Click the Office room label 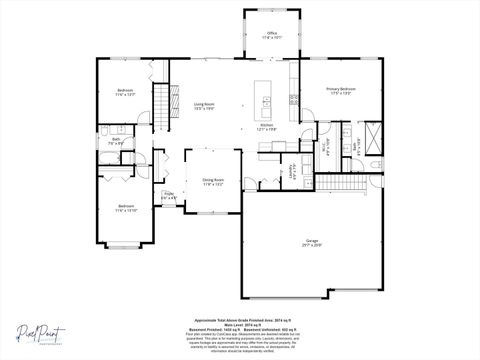pos(272,35)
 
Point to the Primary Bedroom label pos(341,91)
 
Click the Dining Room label pos(213,182)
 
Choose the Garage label pos(312,243)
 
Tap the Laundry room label pos(292,172)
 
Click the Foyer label pos(169,196)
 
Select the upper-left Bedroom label pos(125,92)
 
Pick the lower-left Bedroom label pos(125,209)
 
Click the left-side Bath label pos(116,141)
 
